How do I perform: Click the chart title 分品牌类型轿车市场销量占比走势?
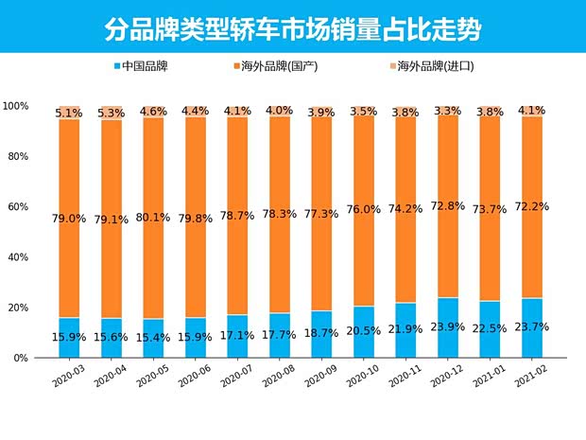coord(292,28)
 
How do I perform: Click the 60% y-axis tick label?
coord(19,207)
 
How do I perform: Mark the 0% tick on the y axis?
coord(22,359)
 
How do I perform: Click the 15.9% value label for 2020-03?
coord(71,337)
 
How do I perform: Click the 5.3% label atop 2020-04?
coord(112,114)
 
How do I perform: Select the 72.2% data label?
coord(533,206)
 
